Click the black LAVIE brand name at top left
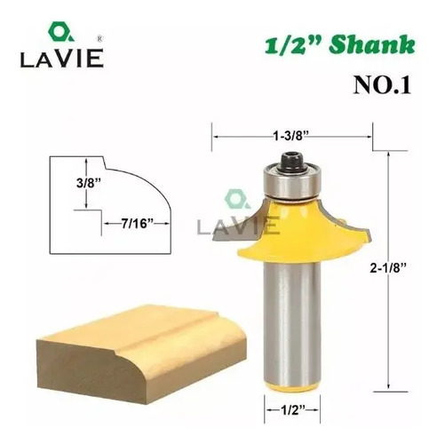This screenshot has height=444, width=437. click(x=62, y=59)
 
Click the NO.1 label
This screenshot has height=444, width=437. click(x=382, y=85)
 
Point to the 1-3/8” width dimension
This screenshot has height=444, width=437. click(x=290, y=137)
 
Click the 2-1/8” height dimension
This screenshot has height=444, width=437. click(x=387, y=268)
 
